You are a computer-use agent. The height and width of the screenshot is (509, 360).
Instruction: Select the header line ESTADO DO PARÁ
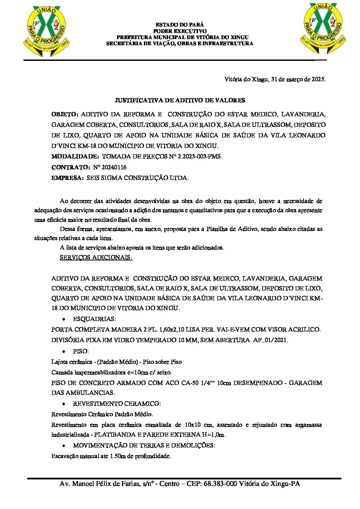pos(180,25)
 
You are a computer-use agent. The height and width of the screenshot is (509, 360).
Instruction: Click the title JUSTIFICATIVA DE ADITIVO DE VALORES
pos(180,100)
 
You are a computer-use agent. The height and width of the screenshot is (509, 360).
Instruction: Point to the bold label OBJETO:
pos(65,114)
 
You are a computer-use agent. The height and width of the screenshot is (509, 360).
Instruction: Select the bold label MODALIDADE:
pos(75,157)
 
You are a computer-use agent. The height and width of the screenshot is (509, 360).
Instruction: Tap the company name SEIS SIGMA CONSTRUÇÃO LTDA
pos(137,178)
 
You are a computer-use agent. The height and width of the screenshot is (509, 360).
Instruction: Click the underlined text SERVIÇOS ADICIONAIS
pos(96,257)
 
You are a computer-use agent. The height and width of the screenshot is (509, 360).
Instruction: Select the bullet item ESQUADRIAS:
pos(94,319)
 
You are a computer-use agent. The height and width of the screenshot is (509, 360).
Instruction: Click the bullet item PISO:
pos(81,351)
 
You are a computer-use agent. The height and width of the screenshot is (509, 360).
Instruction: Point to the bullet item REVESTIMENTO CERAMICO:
pos(117,404)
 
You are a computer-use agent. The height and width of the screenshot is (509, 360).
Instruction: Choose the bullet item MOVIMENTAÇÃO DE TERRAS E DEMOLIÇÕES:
pos(144,445)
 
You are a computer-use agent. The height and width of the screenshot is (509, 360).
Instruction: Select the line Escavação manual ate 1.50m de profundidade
pos(111,456)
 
